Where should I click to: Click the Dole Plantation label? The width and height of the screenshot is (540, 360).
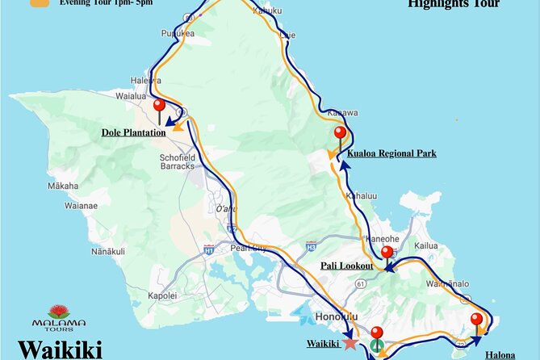click(x=133, y=132)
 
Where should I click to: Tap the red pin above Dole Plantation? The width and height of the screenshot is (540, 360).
click(x=159, y=107)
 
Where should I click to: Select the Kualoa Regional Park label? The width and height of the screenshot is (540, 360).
click(x=391, y=153)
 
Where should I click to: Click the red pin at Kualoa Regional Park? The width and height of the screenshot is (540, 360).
click(x=340, y=134)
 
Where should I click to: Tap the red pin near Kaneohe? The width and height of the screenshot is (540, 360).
click(x=387, y=253)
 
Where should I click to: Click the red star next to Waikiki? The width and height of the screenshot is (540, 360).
click(x=350, y=343)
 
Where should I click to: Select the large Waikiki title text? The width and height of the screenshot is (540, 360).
click(x=60, y=350)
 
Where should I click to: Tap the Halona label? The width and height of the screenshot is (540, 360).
click(x=500, y=354)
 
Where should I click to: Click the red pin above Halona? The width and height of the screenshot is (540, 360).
click(x=477, y=320)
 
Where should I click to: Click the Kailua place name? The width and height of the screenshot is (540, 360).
click(x=425, y=245)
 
